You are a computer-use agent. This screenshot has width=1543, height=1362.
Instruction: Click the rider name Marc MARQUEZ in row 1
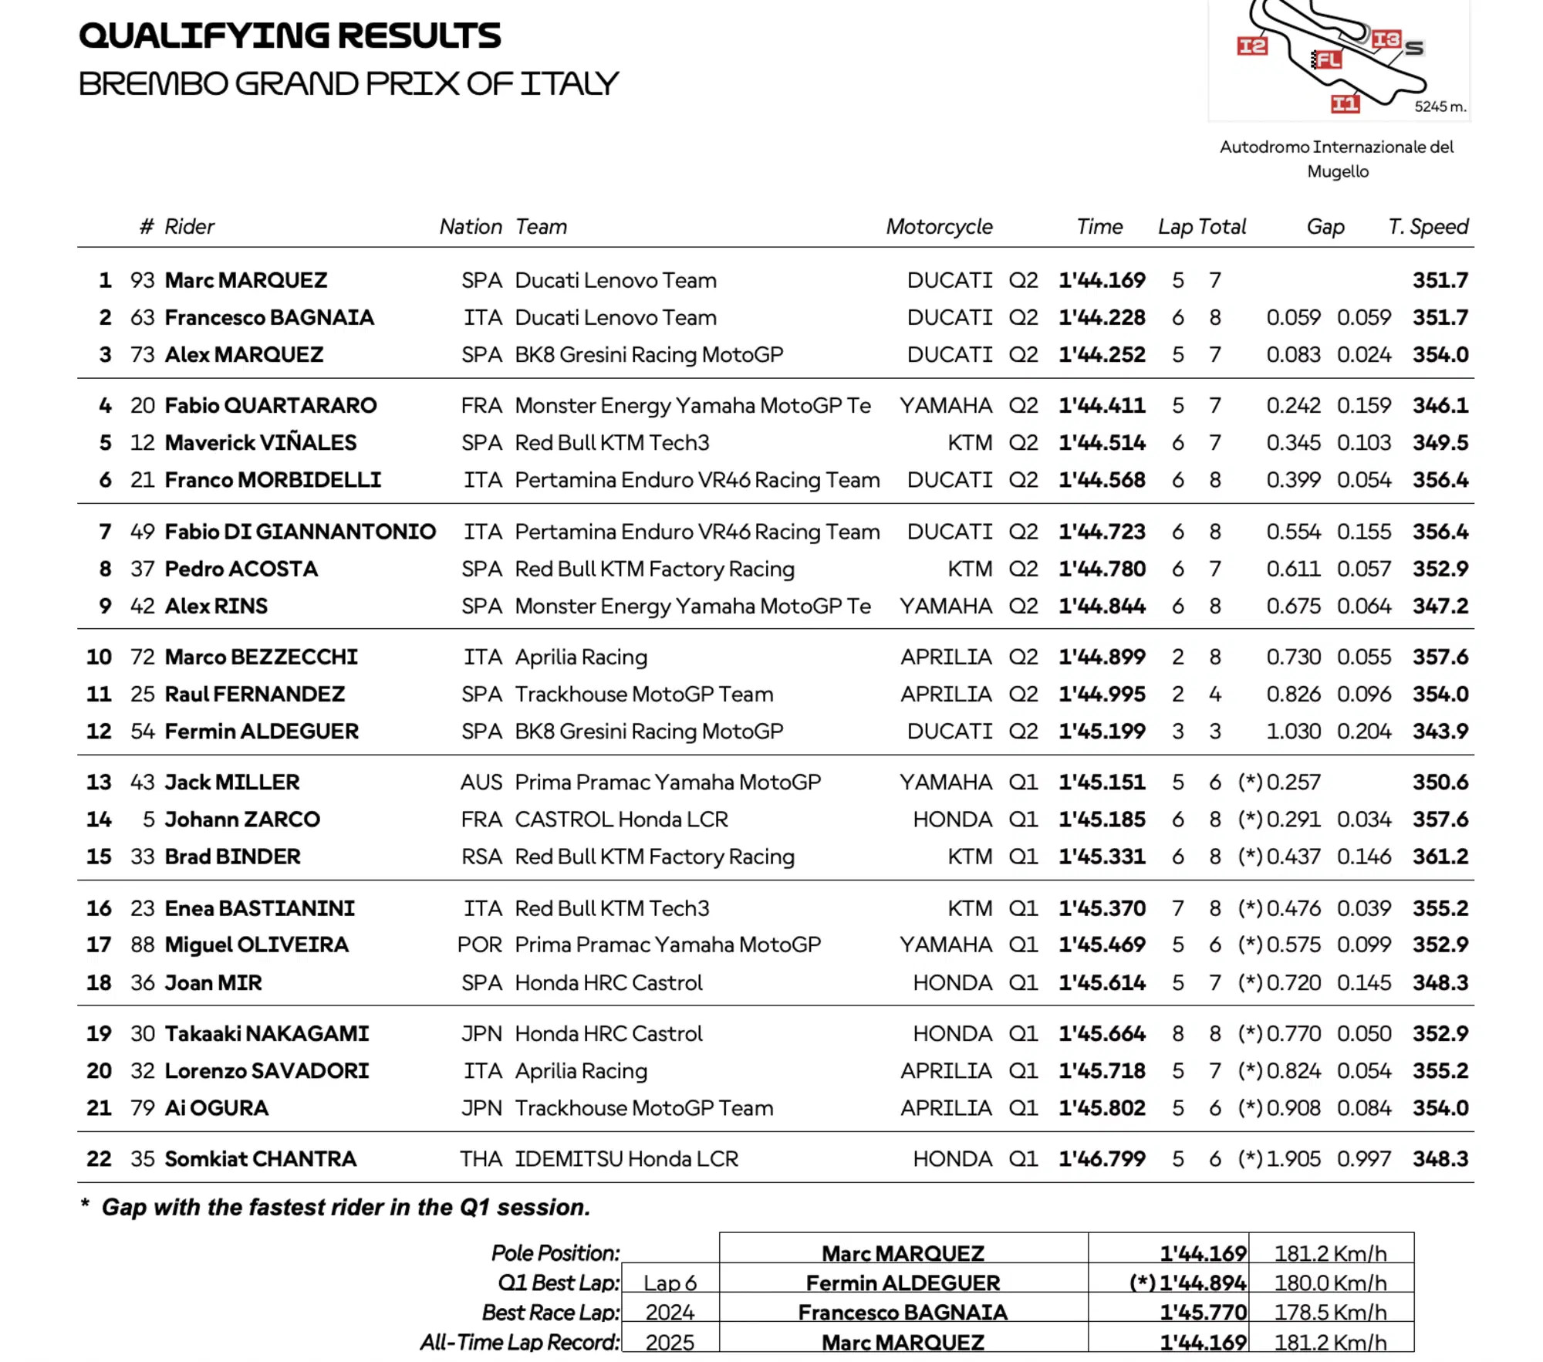pyautogui.click(x=246, y=280)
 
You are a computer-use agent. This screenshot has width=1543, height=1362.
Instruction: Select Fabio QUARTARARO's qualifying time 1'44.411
pyautogui.click(x=1101, y=406)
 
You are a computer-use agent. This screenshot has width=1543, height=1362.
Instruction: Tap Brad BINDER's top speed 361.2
pyautogui.click(x=1440, y=857)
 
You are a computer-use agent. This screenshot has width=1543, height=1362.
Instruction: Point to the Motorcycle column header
pyautogui.click(x=939, y=227)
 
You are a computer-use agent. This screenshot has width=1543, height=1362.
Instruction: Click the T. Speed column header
pyautogui.click(x=1427, y=227)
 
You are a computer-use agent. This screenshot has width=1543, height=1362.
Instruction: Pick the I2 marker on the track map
pyautogui.click(x=1251, y=47)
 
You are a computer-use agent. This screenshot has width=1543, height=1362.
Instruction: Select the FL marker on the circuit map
pyautogui.click(x=1328, y=59)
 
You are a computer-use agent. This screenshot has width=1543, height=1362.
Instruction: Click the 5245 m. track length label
pyautogui.click(x=1440, y=107)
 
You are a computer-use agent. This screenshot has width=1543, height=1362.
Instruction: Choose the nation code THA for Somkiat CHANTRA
pyautogui.click(x=481, y=1159)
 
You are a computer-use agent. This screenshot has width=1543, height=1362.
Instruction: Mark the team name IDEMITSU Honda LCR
pyautogui.click(x=626, y=1159)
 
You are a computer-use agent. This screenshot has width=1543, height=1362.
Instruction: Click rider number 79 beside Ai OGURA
pyautogui.click(x=143, y=1108)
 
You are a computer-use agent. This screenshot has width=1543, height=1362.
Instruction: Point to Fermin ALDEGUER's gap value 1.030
pyautogui.click(x=1293, y=732)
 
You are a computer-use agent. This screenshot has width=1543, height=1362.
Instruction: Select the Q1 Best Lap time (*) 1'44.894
pyautogui.click(x=1187, y=1283)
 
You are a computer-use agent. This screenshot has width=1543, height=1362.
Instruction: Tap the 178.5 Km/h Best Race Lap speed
pyautogui.click(x=1330, y=1313)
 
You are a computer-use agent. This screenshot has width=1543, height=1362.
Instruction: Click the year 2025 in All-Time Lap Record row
pyautogui.click(x=670, y=1343)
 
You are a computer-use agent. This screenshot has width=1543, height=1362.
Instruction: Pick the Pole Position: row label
pyautogui.click(x=555, y=1253)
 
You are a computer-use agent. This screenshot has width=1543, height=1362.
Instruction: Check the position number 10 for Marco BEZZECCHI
pyautogui.click(x=99, y=657)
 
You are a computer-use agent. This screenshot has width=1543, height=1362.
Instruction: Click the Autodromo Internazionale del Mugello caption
pyautogui.click(x=1337, y=159)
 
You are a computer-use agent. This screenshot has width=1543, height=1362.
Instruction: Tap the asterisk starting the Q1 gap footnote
pyautogui.click(x=85, y=1205)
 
